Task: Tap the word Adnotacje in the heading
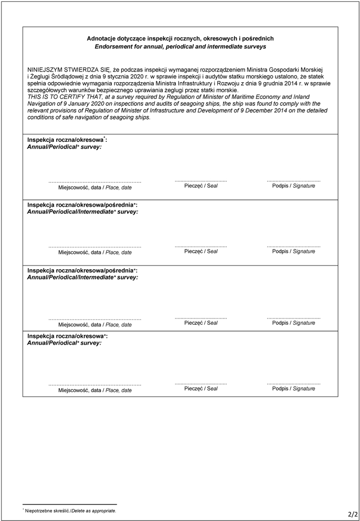pos(101,39)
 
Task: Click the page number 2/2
pos(353,513)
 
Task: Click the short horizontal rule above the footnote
pos(69,504)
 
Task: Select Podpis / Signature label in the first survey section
pos(294,186)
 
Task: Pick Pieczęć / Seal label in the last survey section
pos(201,389)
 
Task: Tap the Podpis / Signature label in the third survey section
pos(294,323)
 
